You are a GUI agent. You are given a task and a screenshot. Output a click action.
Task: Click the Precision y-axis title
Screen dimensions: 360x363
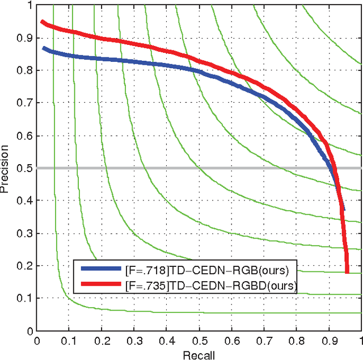click(5, 168)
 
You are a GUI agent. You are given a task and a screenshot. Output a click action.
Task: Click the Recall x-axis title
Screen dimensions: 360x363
click(199, 354)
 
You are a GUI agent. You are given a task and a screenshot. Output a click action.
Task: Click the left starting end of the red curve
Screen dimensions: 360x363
click(43, 22)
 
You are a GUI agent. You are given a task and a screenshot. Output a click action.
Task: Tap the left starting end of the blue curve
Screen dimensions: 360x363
click(44, 48)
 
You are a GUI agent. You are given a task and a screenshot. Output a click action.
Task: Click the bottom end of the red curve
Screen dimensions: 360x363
click(347, 271)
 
